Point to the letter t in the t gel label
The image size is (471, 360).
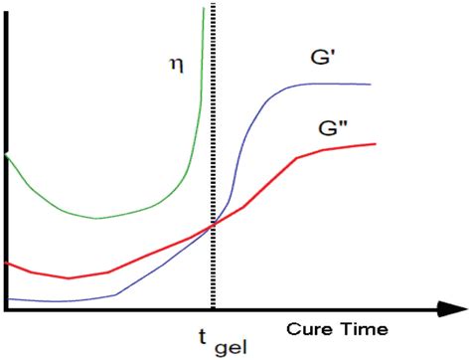click(205, 334)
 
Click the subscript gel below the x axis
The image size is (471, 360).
click(232, 346)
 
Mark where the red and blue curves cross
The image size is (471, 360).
click(212, 226)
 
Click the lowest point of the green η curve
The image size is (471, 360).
click(96, 218)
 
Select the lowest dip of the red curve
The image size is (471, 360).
click(68, 278)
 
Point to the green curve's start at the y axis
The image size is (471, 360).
click(8, 156)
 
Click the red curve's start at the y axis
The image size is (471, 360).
click(8, 264)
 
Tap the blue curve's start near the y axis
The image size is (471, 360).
click(8, 298)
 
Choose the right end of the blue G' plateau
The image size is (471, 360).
click(372, 86)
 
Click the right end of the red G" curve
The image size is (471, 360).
click(376, 144)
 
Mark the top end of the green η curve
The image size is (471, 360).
click(204, 8)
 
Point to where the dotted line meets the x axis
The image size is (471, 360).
click(213, 310)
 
